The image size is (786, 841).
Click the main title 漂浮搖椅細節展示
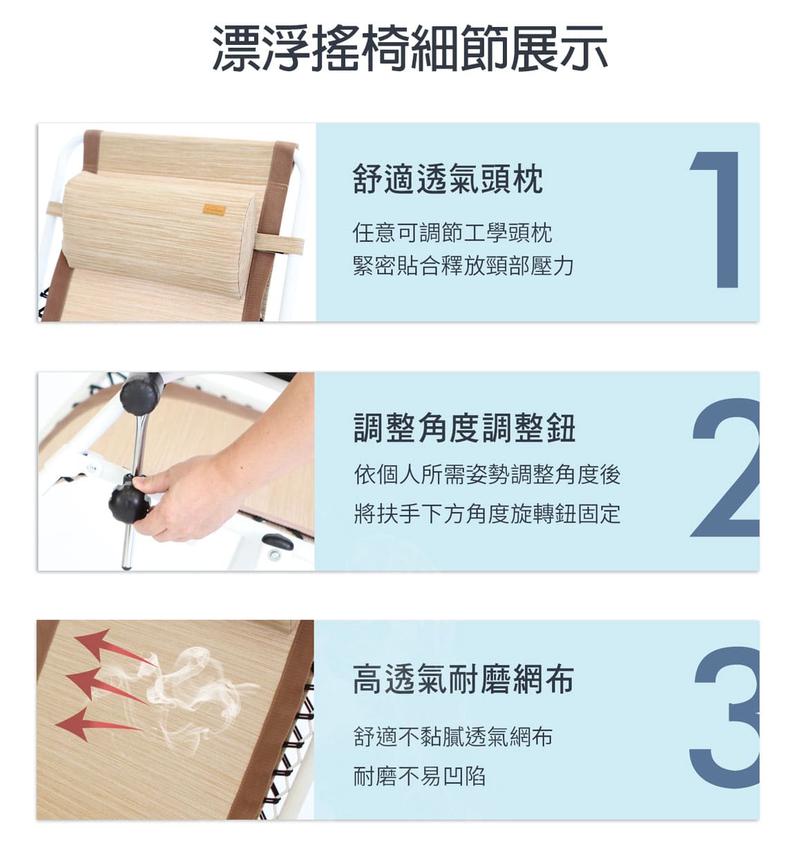pos(410,48)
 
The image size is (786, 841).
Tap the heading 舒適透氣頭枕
pos(448,179)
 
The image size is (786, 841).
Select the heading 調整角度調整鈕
pos(464,428)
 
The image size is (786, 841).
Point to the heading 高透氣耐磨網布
pos(463,679)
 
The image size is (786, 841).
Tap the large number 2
pos(725,468)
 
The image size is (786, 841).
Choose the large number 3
pos(725,717)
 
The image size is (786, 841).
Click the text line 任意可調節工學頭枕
pos(452,233)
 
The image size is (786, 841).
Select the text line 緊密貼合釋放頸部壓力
pos(463,266)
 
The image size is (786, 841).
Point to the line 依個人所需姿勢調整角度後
pos(487,474)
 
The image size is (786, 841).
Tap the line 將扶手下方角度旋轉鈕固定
pos(487,513)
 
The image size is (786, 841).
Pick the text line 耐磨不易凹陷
pos(419,776)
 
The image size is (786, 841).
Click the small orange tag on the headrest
pos(214,210)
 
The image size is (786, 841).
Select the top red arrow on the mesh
pos(113,648)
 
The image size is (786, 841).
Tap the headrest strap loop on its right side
pos(278,245)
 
